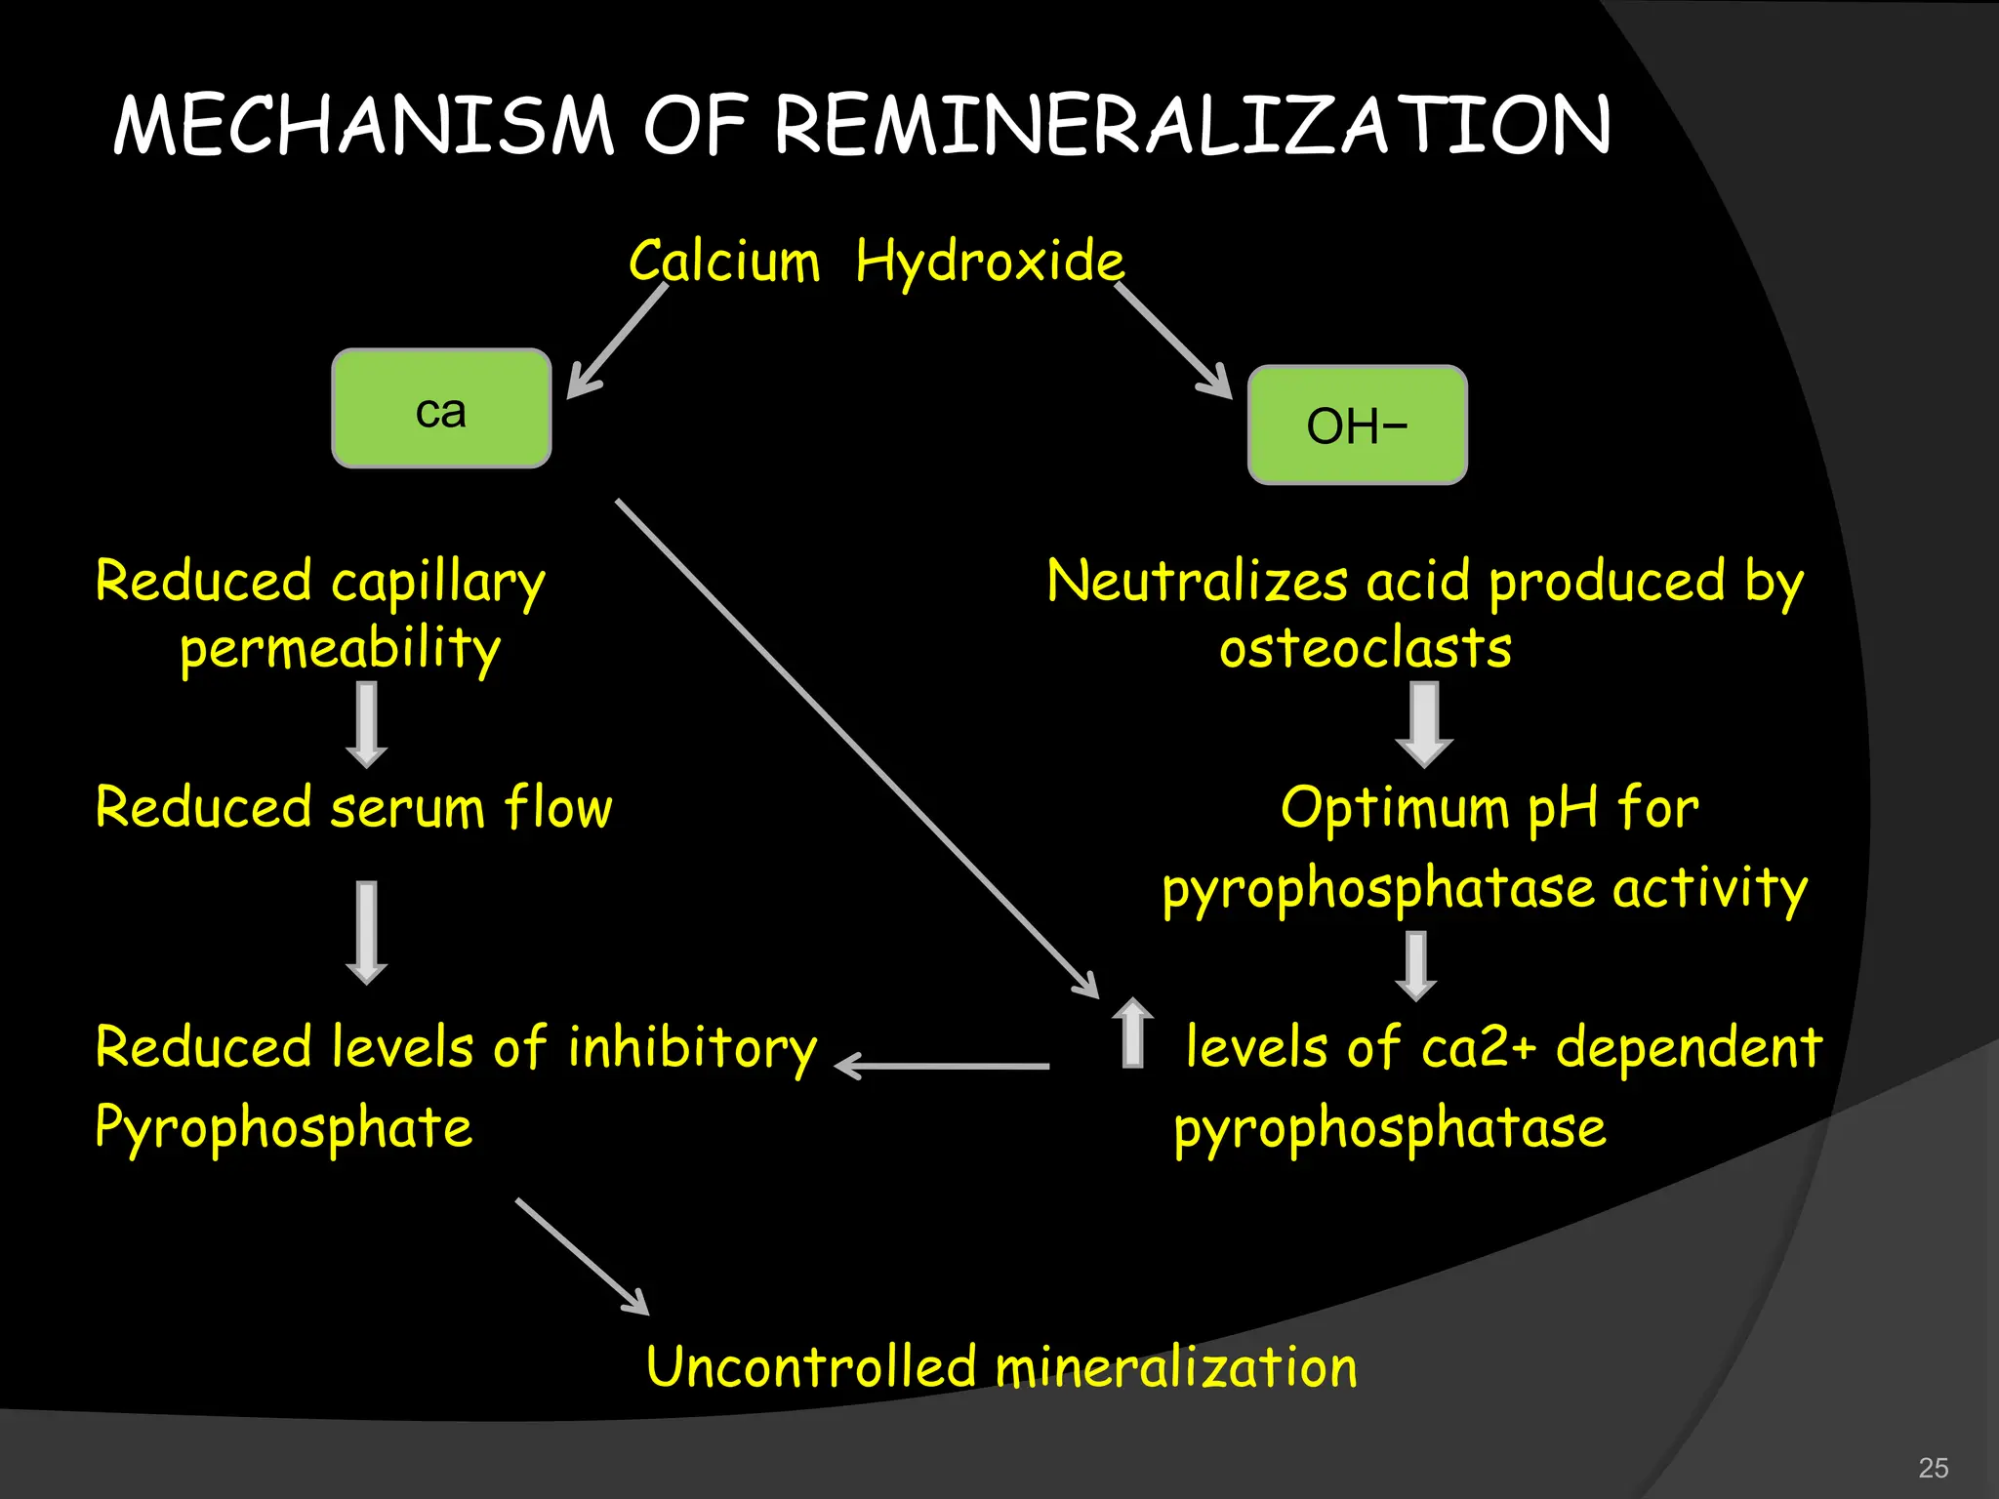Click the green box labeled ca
pyautogui.click(x=441, y=408)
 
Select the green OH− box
pyautogui.click(x=1357, y=425)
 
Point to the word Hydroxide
pyautogui.click(x=990, y=262)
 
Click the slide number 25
pyautogui.click(x=1933, y=1468)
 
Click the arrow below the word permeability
pyautogui.click(x=367, y=724)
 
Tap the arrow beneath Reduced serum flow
pyautogui.click(x=367, y=932)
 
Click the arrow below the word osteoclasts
pyautogui.click(x=1424, y=724)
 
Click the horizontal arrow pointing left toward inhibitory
pyautogui.click(x=943, y=1066)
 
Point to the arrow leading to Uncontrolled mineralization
pyautogui.click(x=583, y=1257)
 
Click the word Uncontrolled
pyautogui.click(x=810, y=1366)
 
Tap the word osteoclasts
pyautogui.click(x=1365, y=648)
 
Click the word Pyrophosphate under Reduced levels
pyautogui.click(x=284, y=1128)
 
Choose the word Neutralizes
pyautogui.click(x=1197, y=582)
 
